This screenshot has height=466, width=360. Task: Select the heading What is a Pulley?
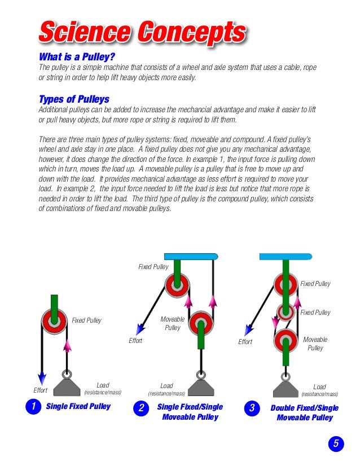(x=77, y=56)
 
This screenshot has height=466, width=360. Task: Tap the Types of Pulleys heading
(x=74, y=99)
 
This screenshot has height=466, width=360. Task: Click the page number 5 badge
(x=336, y=443)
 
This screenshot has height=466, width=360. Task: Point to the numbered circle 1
(x=33, y=406)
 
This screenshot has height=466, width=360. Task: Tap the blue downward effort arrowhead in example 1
(x=41, y=377)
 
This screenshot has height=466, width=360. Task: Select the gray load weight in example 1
(x=67, y=388)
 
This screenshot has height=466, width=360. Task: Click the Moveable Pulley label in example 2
(x=172, y=323)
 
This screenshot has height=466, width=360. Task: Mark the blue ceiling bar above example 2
(x=191, y=256)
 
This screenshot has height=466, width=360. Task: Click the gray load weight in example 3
(x=286, y=389)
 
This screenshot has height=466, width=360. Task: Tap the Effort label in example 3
(x=245, y=342)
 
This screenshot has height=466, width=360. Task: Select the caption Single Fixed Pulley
(x=78, y=406)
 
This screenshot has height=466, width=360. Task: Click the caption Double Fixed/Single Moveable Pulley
(x=305, y=413)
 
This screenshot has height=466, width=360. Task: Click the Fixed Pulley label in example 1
(x=86, y=320)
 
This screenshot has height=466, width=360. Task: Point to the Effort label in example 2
(x=135, y=341)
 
